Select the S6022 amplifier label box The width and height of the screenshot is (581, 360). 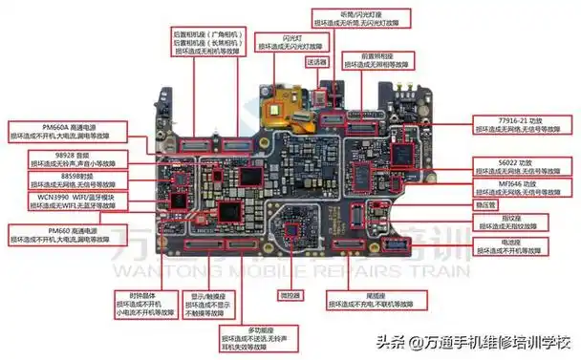point(515,167)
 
